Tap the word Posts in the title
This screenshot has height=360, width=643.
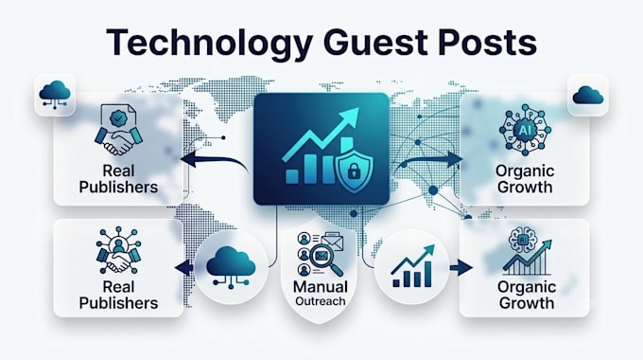(x=487, y=42)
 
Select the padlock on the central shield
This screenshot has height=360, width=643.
(x=354, y=171)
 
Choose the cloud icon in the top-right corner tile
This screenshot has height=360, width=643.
(x=587, y=95)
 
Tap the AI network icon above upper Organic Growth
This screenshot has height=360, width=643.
(x=525, y=130)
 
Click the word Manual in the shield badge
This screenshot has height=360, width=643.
(x=321, y=286)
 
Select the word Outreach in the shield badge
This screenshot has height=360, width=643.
(x=321, y=301)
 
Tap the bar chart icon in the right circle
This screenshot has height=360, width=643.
(x=412, y=266)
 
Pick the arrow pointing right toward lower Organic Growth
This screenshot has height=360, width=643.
(x=461, y=268)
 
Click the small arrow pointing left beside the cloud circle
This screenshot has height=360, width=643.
(x=184, y=268)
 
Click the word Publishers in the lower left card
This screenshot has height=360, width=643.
(x=118, y=303)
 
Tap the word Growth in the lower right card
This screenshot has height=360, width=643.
(x=527, y=303)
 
